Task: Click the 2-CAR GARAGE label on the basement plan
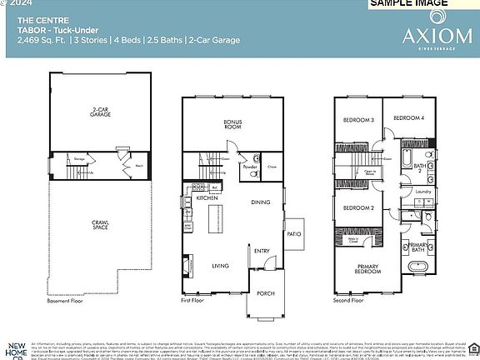point(102,112)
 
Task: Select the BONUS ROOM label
point(232,124)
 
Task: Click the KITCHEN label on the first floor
point(207,198)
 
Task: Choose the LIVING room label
point(220,266)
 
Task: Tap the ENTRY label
point(262,251)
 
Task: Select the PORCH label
point(266,293)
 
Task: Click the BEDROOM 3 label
point(358,121)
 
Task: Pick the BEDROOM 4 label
point(408,118)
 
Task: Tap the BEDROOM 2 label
point(357,207)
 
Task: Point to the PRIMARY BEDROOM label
point(367,269)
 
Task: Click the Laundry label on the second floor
point(422,192)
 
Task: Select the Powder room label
point(250,166)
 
